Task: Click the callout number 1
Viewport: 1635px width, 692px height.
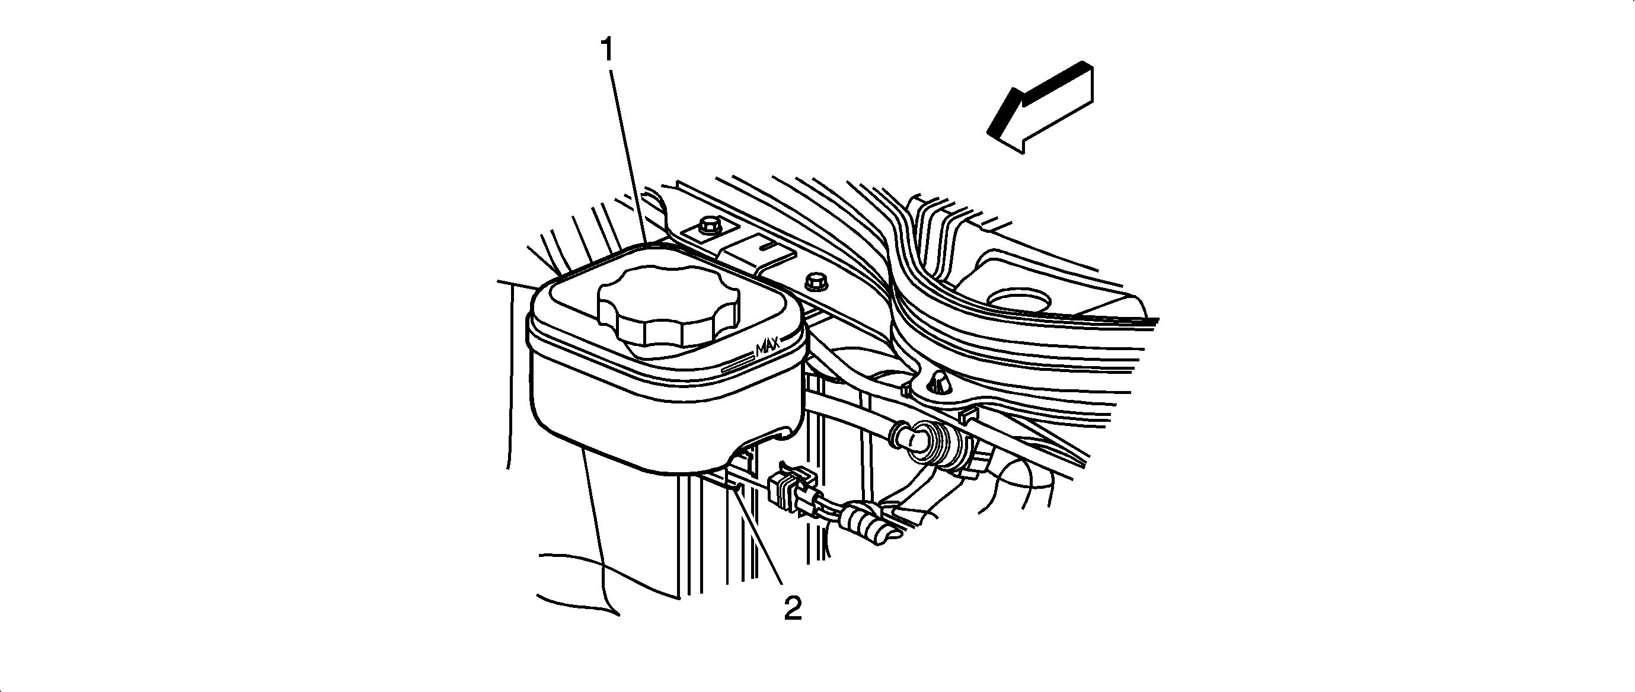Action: tap(608, 50)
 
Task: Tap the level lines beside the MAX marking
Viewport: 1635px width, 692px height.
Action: tap(737, 363)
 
